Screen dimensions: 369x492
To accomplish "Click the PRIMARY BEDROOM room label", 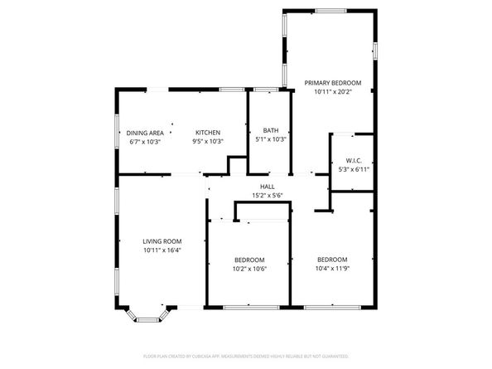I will tap(332, 83).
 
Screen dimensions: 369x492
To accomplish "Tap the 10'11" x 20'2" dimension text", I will tap(332, 92).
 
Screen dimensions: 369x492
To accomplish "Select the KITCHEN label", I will tap(207, 133).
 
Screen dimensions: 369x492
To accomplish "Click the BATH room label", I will tap(270, 130).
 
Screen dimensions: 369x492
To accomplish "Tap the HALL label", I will tap(267, 187).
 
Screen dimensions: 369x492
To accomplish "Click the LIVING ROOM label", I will tap(162, 241).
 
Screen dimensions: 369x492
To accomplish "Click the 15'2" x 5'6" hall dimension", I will tap(267, 196).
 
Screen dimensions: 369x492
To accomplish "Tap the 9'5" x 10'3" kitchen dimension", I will tap(207, 142).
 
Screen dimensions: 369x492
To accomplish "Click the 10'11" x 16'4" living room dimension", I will tap(162, 250).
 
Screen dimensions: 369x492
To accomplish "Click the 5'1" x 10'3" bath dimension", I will tap(270, 139).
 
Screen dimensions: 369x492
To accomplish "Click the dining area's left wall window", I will tap(117, 133).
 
